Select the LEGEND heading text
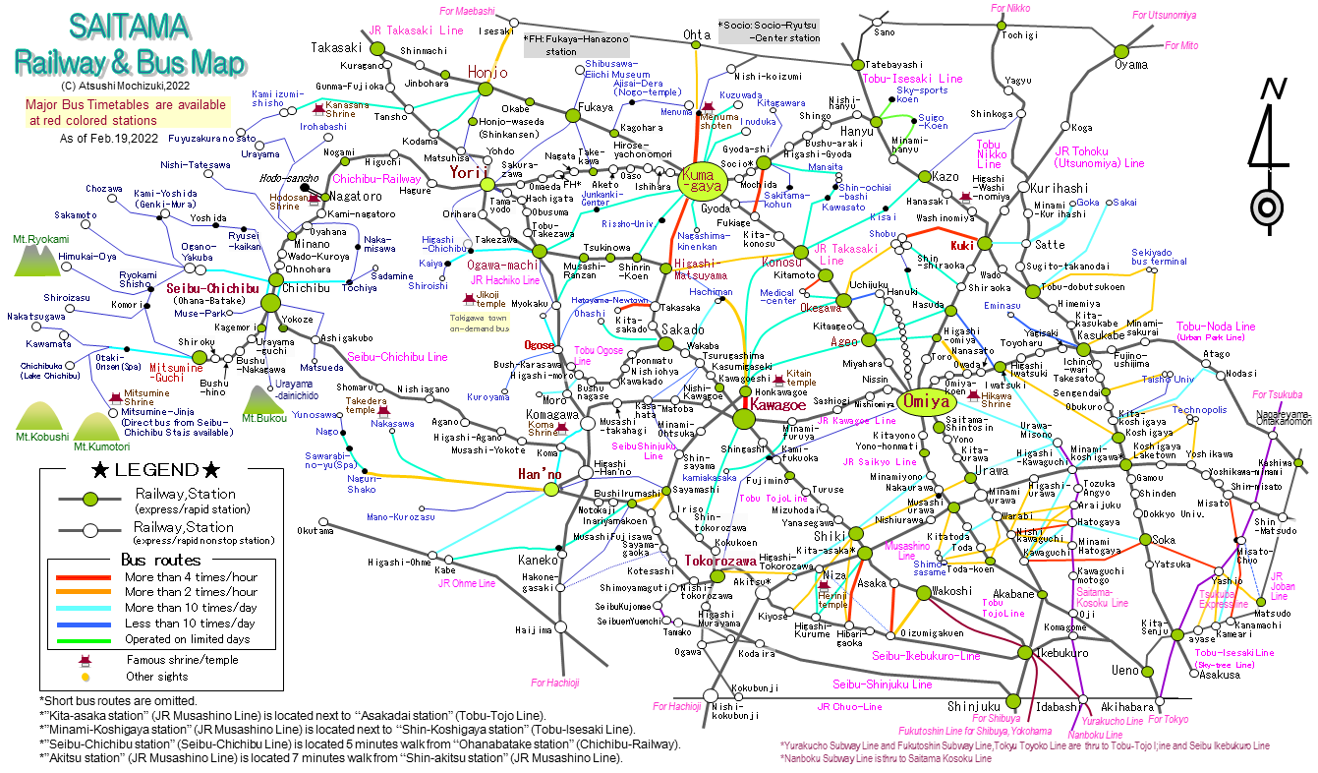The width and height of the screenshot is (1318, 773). [x=156, y=470]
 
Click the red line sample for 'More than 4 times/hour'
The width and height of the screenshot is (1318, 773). [x=85, y=577]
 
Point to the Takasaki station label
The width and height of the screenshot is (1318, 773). [x=337, y=47]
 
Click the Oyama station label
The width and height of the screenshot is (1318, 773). [x=1130, y=65]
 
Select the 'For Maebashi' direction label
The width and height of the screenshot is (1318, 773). [x=467, y=11]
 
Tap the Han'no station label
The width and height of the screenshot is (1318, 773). [x=540, y=475]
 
